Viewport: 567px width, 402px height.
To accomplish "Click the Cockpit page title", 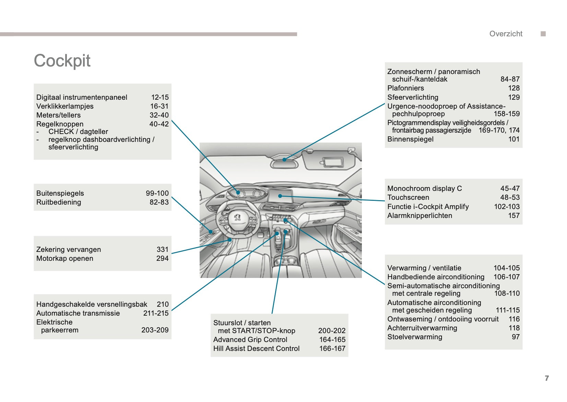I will [62, 61].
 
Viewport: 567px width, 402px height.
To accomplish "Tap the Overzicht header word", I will [506, 34].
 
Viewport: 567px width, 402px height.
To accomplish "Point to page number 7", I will [547, 378].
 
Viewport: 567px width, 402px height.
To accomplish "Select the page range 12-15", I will [160, 97].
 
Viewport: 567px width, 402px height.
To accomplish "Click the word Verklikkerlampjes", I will [65, 106].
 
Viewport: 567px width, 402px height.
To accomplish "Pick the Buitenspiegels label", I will [60, 193].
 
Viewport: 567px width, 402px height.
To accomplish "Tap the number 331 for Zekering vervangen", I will [163, 249].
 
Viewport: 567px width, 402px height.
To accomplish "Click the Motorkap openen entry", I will [65, 258].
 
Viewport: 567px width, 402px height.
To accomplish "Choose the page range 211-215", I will [156, 313].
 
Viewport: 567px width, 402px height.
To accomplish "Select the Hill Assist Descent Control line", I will [256, 349].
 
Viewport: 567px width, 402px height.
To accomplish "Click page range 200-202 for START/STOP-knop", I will [332, 331].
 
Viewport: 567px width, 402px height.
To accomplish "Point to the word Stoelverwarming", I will [415, 337].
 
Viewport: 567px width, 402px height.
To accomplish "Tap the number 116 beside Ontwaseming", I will [514, 319].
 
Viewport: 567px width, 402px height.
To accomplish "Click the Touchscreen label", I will [408, 197].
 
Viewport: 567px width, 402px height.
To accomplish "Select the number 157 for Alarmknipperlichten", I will [514, 216].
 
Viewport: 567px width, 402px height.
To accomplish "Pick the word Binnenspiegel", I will [410, 139].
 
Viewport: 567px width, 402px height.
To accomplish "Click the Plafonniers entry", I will [405, 88].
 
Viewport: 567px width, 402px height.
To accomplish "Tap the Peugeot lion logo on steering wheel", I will [237, 217].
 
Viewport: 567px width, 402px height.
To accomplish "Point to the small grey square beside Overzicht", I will [543, 34].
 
